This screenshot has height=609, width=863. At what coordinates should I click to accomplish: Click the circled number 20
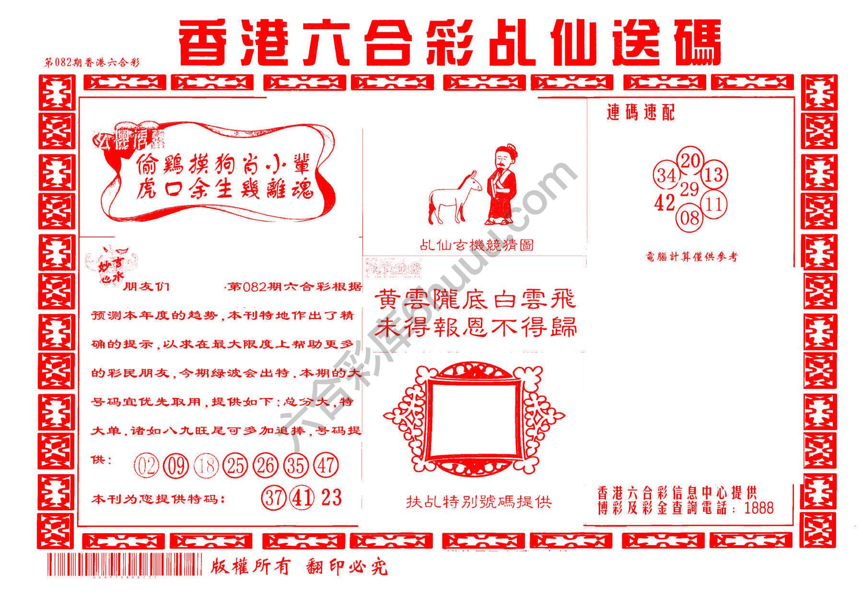tap(690, 161)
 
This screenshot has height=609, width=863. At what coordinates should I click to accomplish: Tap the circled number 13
tap(714, 174)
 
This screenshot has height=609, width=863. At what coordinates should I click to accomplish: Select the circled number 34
tap(666, 176)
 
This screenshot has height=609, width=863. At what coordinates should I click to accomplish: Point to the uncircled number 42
tap(665, 203)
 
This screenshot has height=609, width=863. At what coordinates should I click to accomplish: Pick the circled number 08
tap(690, 219)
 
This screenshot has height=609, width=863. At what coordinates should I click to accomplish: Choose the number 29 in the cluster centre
tap(690, 189)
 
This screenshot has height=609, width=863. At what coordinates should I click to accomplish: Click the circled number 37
tap(274, 498)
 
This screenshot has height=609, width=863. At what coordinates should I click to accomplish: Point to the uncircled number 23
tap(331, 498)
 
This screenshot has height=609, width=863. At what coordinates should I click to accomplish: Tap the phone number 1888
tap(758, 508)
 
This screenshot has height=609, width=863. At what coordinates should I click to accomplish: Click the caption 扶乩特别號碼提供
tap(478, 502)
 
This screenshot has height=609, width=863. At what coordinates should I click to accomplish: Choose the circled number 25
tap(235, 466)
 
